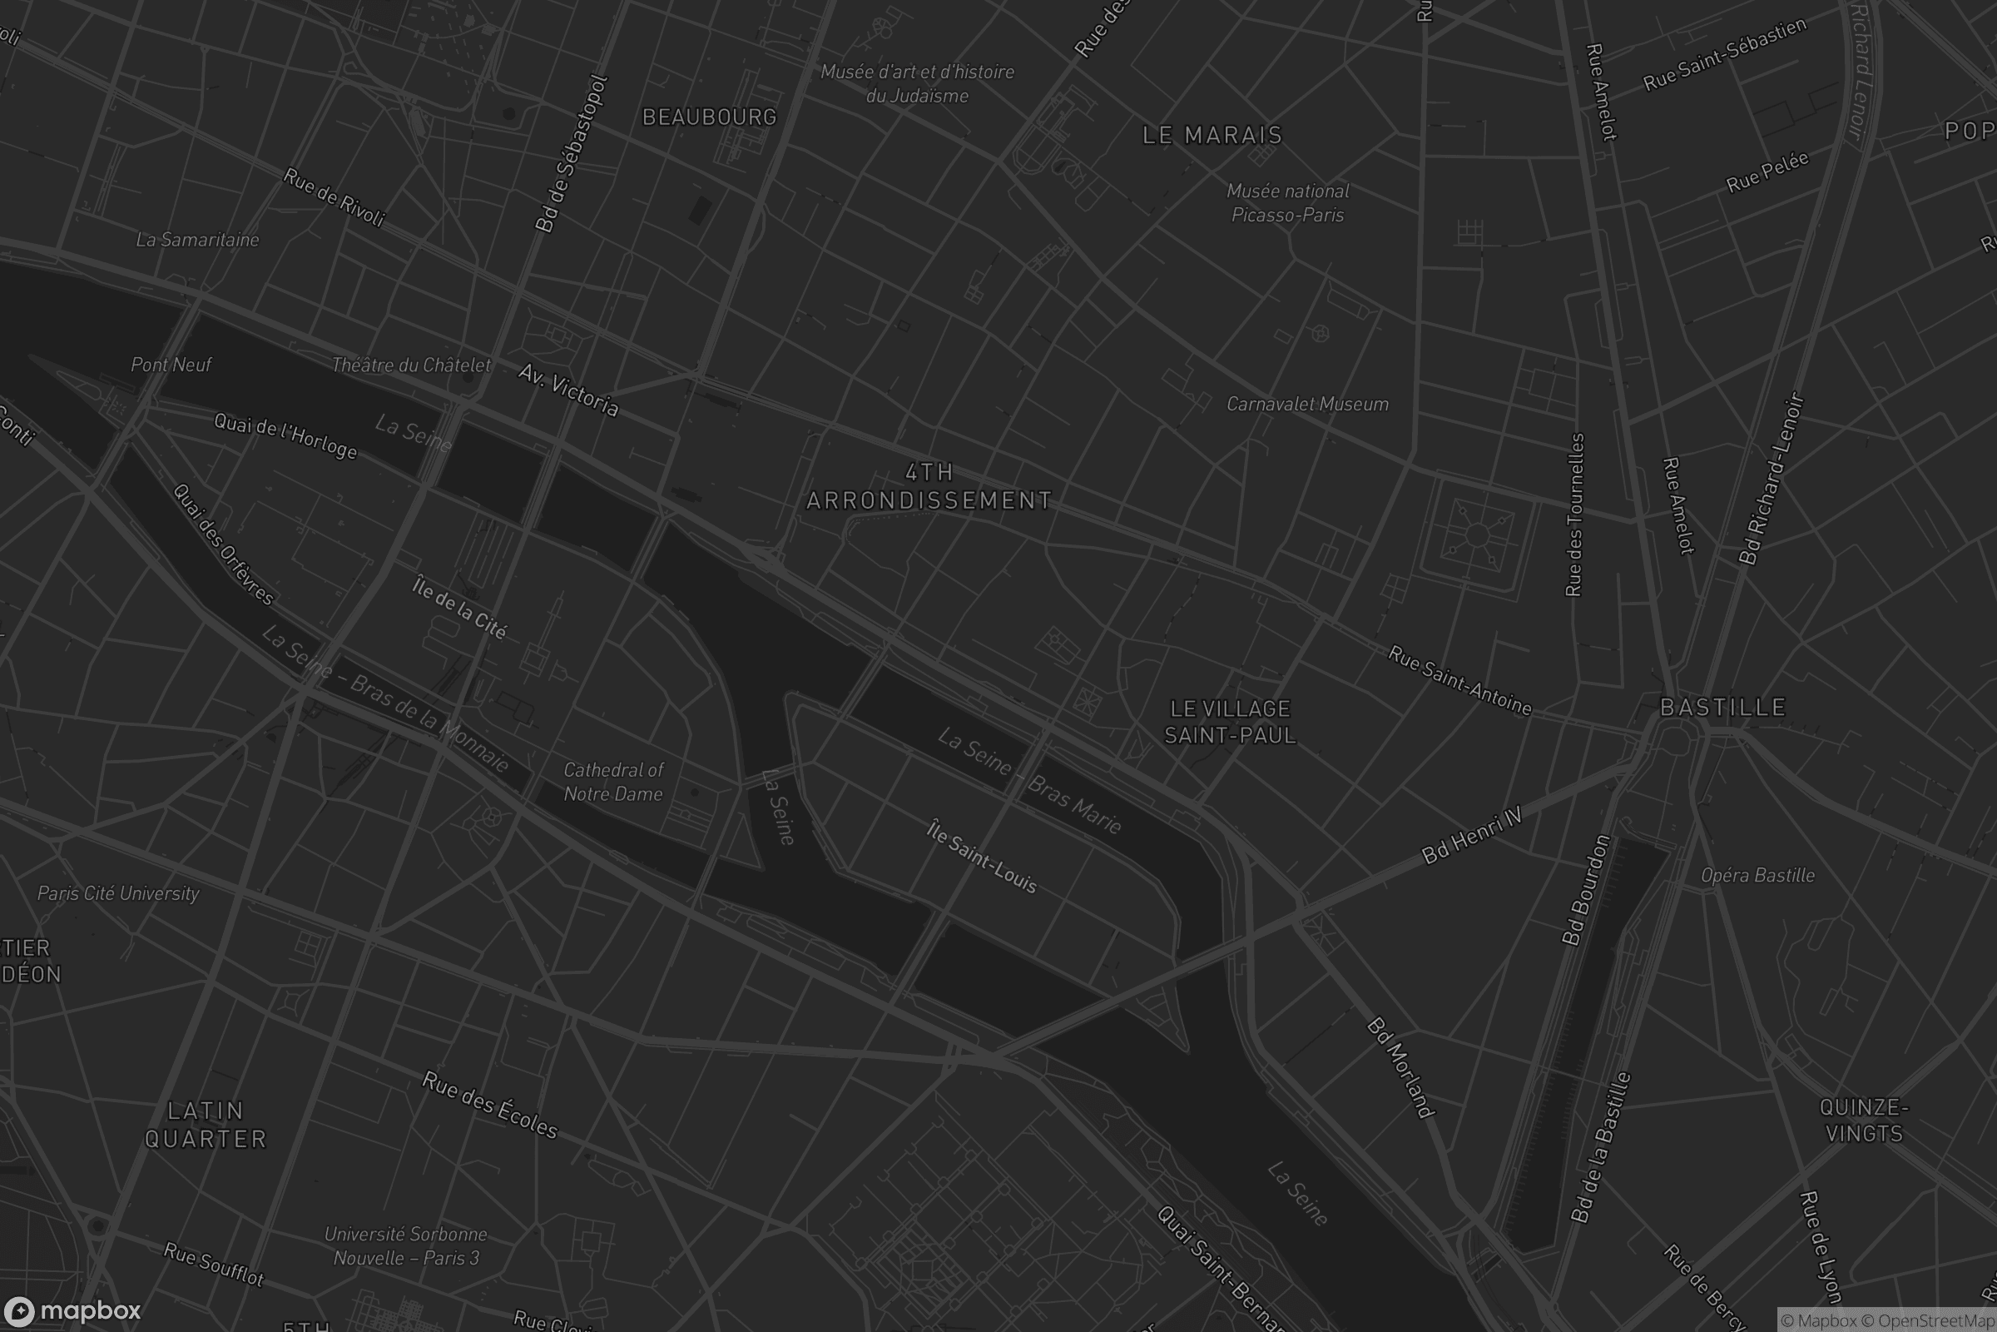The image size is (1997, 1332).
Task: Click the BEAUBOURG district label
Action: tap(709, 117)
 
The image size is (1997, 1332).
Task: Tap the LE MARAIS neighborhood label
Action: tap(1212, 135)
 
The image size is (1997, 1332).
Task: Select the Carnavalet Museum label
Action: tap(1306, 405)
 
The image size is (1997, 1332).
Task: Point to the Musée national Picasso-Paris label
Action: tap(1287, 203)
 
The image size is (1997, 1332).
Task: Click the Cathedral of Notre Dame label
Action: tap(613, 782)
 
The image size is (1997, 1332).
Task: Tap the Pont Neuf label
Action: tap(171, 365)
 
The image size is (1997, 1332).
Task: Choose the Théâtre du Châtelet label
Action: tap(411, 365)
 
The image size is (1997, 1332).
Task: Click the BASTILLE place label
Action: tap(1722, 708)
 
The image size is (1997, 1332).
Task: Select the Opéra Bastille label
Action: tap(1757, 875)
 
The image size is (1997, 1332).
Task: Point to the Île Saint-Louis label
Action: tap(982, 857)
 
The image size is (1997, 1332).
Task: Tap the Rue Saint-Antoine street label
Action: tap(1459, 680)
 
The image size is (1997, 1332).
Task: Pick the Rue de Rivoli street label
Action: tap(334, 197)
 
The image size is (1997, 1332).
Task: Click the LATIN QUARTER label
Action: tap(206, 1124)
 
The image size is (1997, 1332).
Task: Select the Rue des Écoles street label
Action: tap(490, 1106)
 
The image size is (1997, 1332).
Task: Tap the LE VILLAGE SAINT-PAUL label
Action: tap(1230, 721)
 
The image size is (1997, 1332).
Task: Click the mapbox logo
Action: tap(72, 1310)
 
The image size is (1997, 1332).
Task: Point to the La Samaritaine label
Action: tap(197, 240)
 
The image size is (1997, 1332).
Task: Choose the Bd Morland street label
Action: tap(1400, 1067)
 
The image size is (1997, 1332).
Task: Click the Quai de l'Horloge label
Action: tap(285, 435)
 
